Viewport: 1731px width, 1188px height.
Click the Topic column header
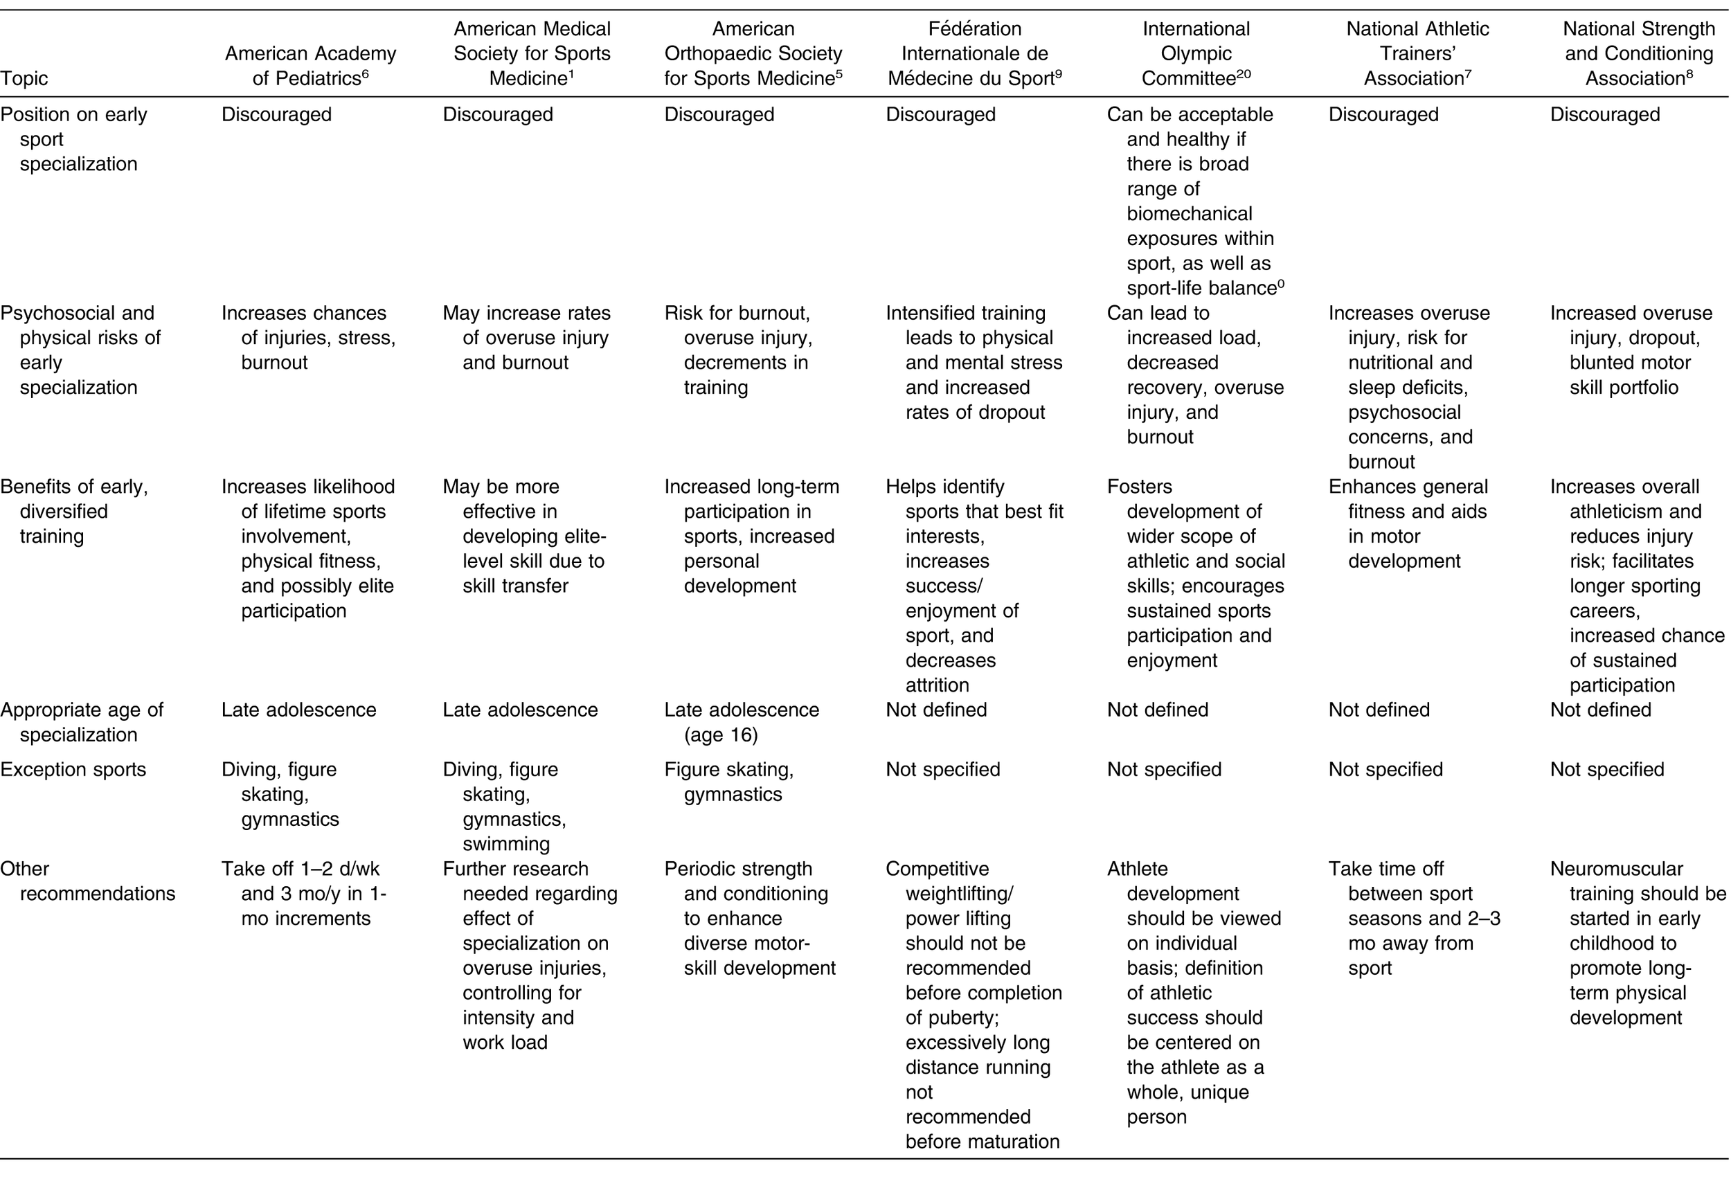[x=24, y=78]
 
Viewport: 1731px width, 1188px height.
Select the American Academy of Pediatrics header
[x=310, y=66]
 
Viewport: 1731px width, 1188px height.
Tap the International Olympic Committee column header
[x=1196, y=53]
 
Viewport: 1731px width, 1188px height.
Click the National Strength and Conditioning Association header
[x=1638, y=53]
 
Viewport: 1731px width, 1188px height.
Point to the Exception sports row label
[x=73, y=768]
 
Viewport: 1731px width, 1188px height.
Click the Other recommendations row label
[x=88, y=881]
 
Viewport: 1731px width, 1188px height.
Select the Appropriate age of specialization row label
[x=81, y=722]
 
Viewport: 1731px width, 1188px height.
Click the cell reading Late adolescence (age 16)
[x=741, y=722]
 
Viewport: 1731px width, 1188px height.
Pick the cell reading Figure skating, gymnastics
[x=728, y=782]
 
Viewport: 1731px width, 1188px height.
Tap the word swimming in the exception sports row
[x=505, y=844]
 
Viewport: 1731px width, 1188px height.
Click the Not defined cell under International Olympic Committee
[x=1158, y=710]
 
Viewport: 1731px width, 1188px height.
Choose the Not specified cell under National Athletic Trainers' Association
[x=1385, y=768]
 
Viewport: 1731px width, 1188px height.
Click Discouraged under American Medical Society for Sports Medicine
[x=498, y=115]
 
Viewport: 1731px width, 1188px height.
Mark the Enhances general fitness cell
[x=1408, y=523]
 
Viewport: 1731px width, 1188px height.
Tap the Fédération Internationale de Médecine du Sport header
[x=974, y=53]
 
